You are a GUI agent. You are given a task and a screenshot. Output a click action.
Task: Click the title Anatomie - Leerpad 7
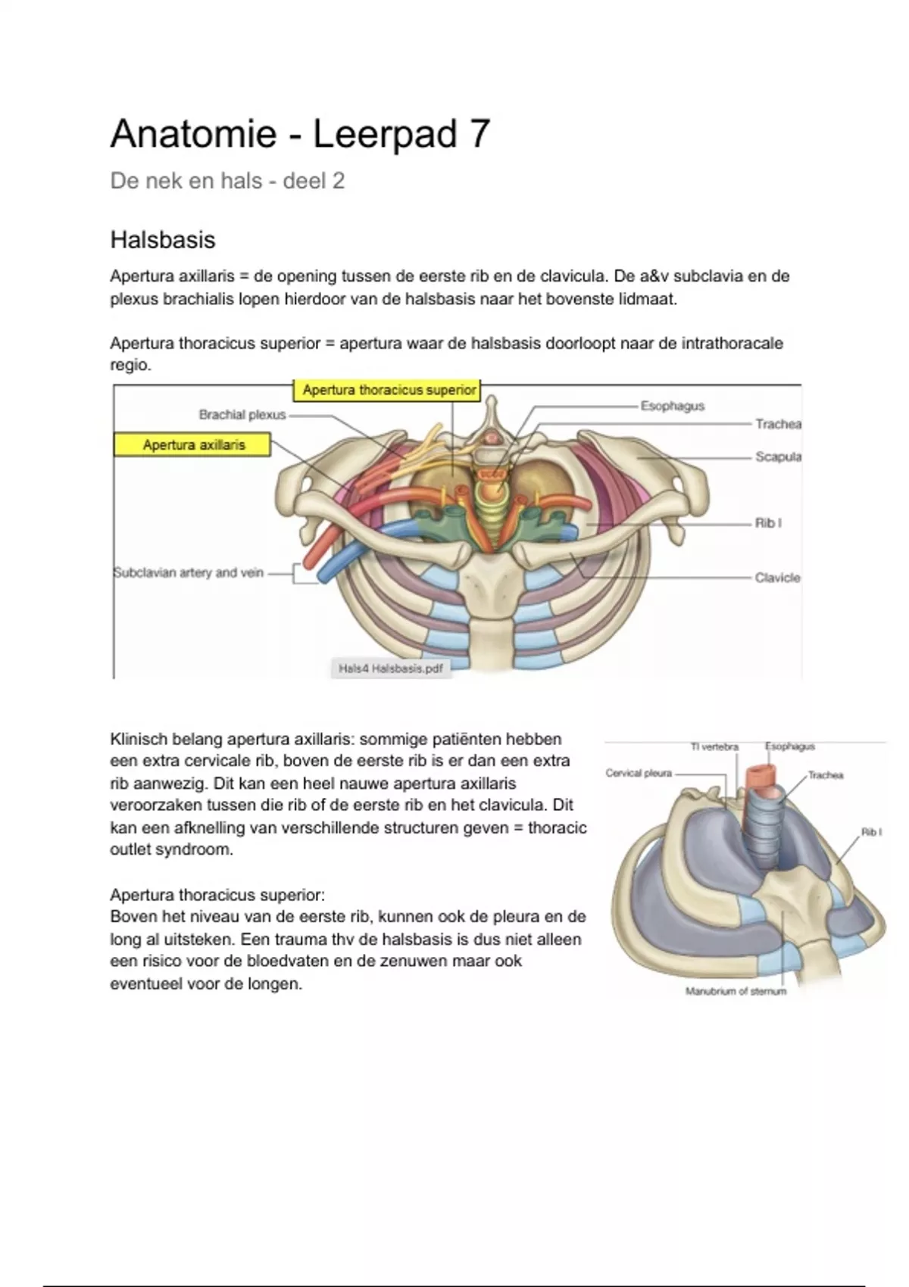300,135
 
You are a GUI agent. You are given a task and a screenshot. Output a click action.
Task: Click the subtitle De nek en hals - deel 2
227,181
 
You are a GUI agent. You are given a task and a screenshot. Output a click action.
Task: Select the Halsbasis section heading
163,240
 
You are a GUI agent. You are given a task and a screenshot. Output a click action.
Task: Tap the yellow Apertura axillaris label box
193,445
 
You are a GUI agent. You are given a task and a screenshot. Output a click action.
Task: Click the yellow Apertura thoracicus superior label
389,391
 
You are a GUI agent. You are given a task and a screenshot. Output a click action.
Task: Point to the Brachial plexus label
242,415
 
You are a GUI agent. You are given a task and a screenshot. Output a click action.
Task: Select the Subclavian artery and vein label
188,573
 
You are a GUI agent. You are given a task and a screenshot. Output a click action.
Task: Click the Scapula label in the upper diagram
778,457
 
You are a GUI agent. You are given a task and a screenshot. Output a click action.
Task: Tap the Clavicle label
777,578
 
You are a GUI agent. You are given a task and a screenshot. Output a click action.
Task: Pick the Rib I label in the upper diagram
768,523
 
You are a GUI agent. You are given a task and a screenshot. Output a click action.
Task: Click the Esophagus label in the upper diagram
673,406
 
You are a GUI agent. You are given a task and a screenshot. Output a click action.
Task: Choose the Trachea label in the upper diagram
778,424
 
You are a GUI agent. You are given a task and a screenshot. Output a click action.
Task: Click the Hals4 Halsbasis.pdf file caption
391,669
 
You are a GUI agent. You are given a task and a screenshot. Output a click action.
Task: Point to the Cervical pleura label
639,773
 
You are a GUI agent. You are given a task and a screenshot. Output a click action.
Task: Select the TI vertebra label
714,747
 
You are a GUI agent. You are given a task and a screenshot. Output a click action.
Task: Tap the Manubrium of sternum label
736,991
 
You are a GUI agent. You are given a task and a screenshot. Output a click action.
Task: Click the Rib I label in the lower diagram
871,832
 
